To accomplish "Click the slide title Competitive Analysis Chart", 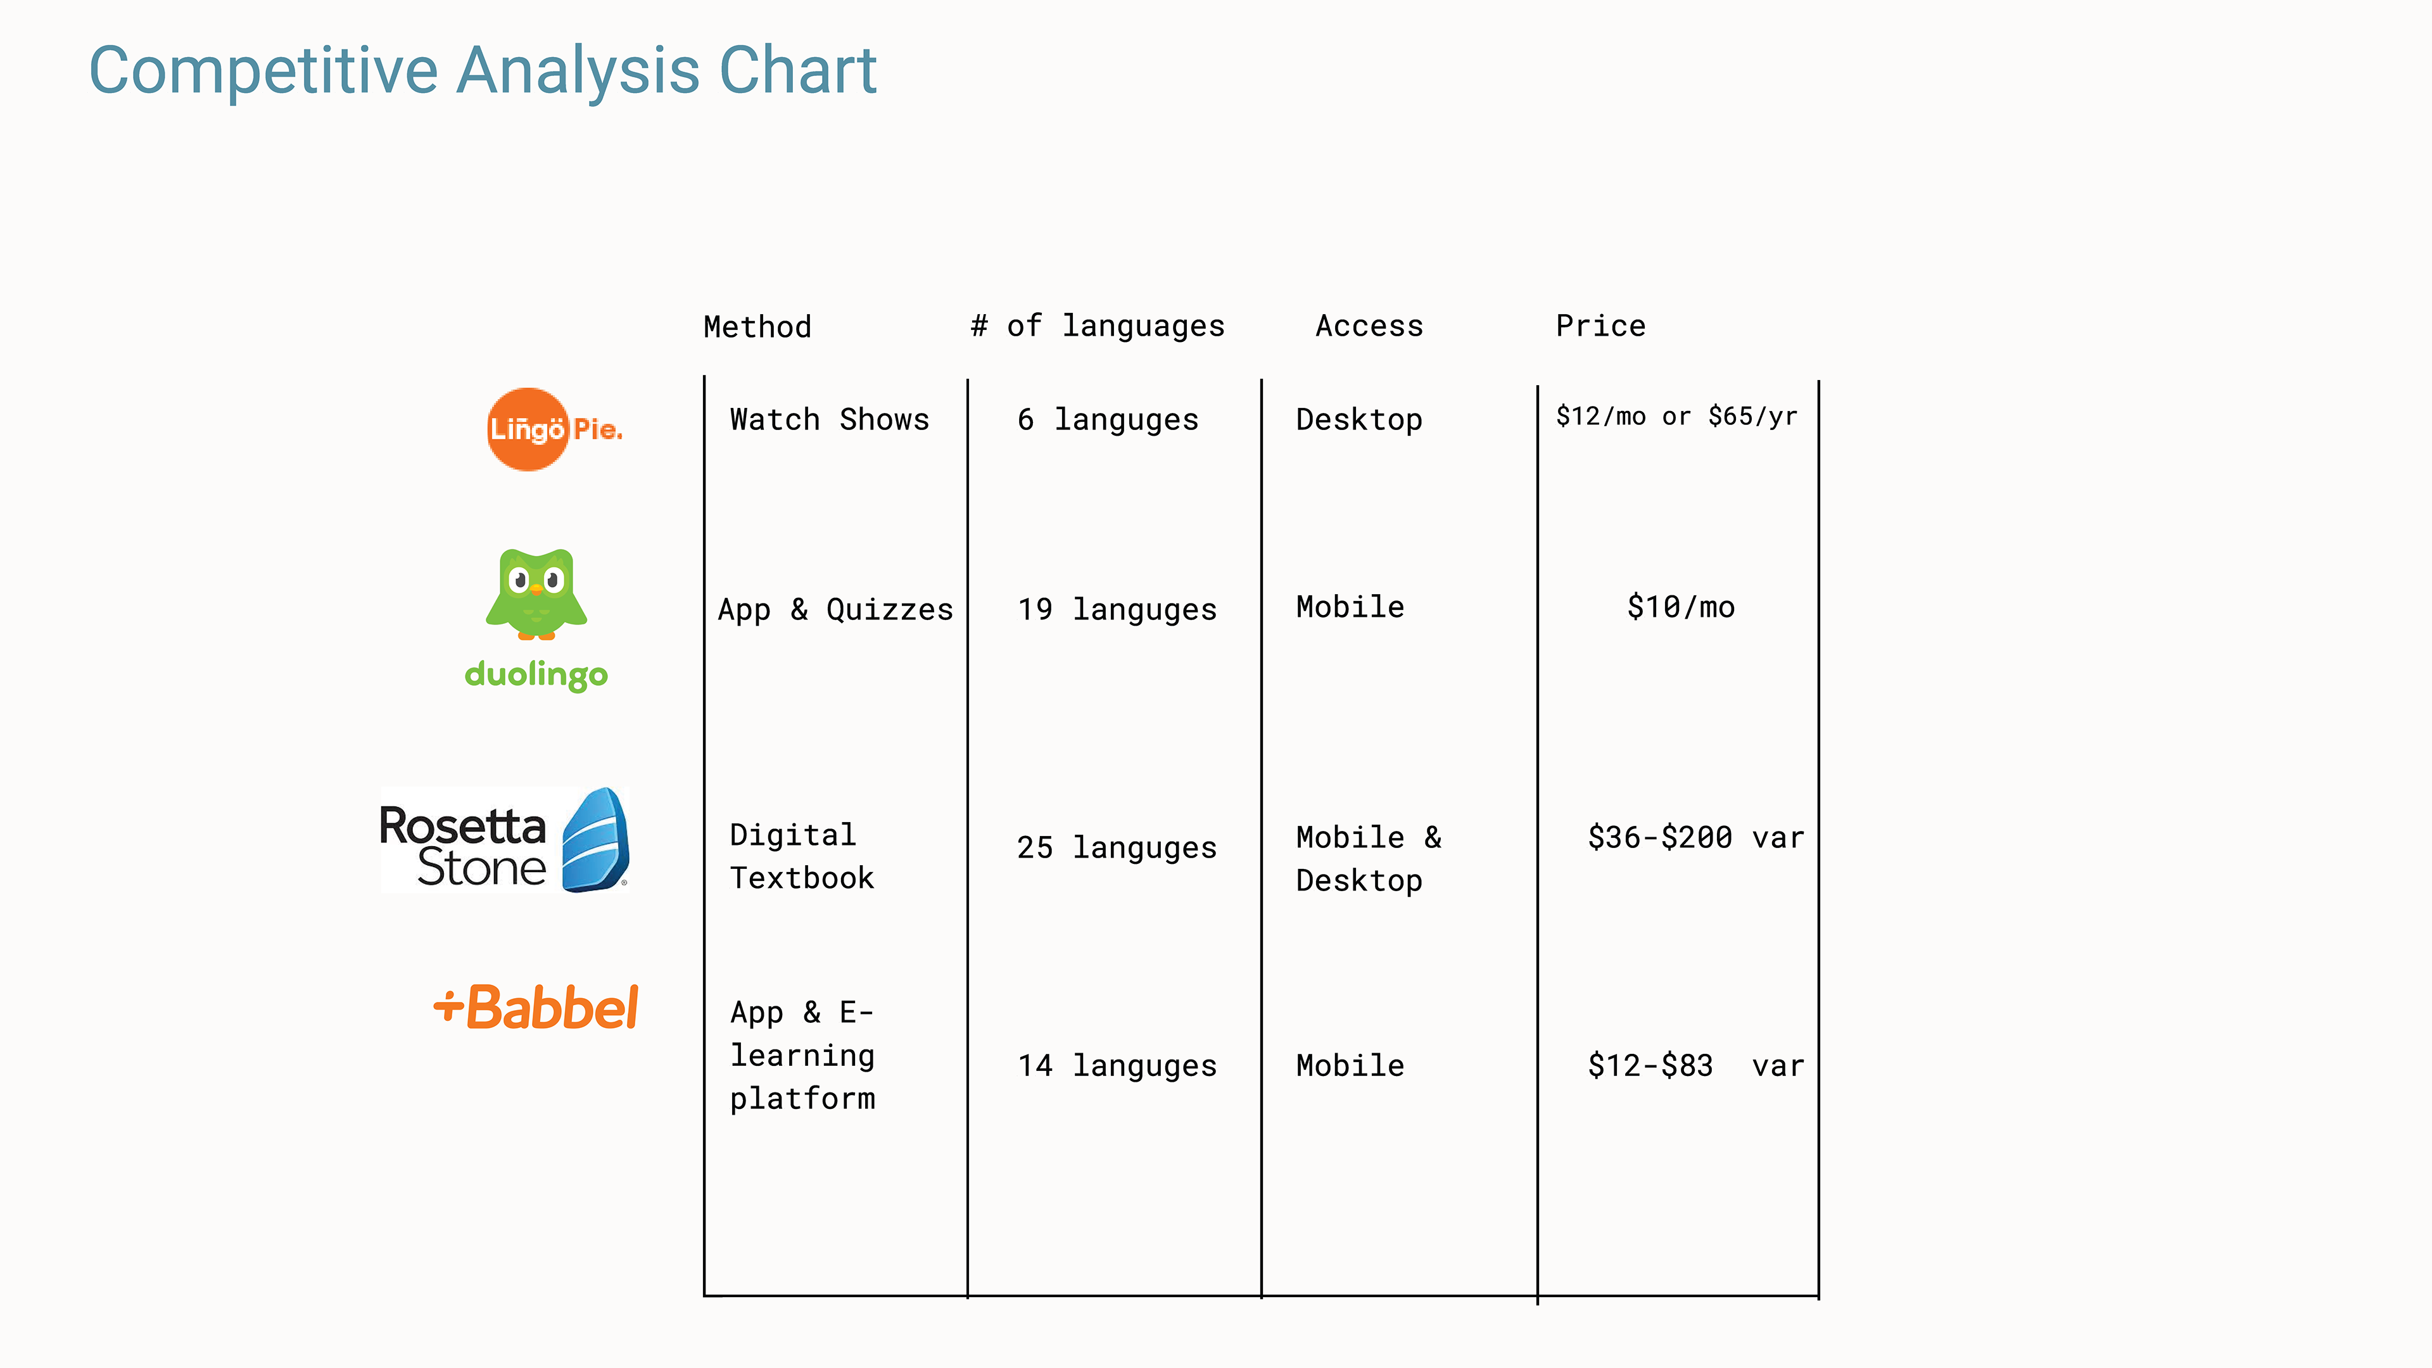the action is (x=483, y=72).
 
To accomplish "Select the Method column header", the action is (x=757, y=327).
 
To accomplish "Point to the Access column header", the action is (x=1369, y=326).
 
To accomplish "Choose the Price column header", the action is (x=1600, y=326).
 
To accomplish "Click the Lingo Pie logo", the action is (x=554, y=429).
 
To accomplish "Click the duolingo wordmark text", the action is (x=536, y=674).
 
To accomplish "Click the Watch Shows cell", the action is (x=829, y=419).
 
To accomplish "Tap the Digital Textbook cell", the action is (x=802, y=856).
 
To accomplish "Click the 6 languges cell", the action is (x=1108, y=420).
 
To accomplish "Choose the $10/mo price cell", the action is (x=1680, y=607).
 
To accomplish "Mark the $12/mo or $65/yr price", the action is (x=1676, y=416).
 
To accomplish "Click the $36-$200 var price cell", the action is (x=1695, y=837).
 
